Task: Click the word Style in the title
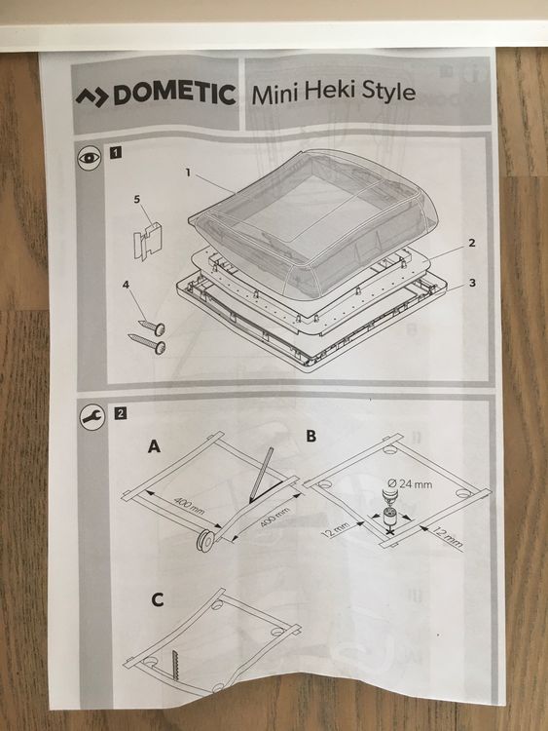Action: point(387,94)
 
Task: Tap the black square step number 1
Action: point(117,153)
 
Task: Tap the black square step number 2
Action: point(118,411)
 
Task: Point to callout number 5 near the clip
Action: point(137,199)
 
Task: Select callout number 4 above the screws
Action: point(126,285)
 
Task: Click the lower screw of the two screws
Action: point(147,343)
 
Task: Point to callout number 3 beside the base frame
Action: point(470,284)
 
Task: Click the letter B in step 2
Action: point(311,435)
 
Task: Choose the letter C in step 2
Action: point(157,598)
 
